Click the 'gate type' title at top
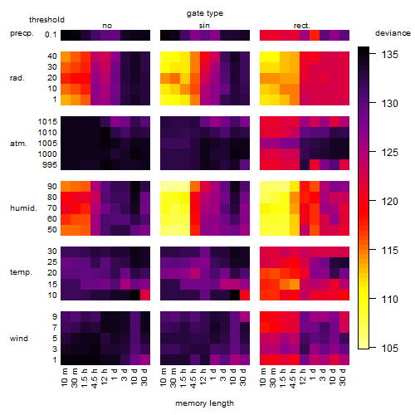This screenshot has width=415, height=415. tap(205, 13)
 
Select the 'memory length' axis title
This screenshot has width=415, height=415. tap(204, 403)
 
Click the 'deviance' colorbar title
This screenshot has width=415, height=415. tap(393, 33)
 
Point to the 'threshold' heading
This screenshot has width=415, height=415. tap(46, 20)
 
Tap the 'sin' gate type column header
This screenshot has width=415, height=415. tap(204, 26)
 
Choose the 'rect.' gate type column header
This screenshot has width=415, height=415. tap(301, 26)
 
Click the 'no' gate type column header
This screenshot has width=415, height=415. tap(107, 26)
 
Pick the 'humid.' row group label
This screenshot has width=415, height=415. tap(23, 208)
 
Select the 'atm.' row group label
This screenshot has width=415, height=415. tap(18, 144)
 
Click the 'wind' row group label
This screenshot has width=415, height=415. tap(19, 339)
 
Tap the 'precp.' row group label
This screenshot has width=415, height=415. tap(22, 33)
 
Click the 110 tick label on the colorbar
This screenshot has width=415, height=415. tap(389, 299)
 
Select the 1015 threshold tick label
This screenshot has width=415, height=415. tap(47, 122)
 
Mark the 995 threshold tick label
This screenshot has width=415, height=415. tap(50, 165)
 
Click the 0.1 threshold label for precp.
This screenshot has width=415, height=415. tap(51, 35)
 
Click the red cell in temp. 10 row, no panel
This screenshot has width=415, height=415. tap(145, 295)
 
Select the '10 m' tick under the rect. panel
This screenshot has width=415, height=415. tap(263, 377)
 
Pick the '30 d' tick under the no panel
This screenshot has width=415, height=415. tap(144, 377)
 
